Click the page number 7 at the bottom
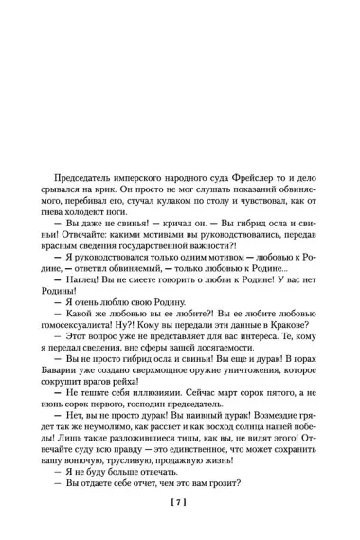coord(180,501)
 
